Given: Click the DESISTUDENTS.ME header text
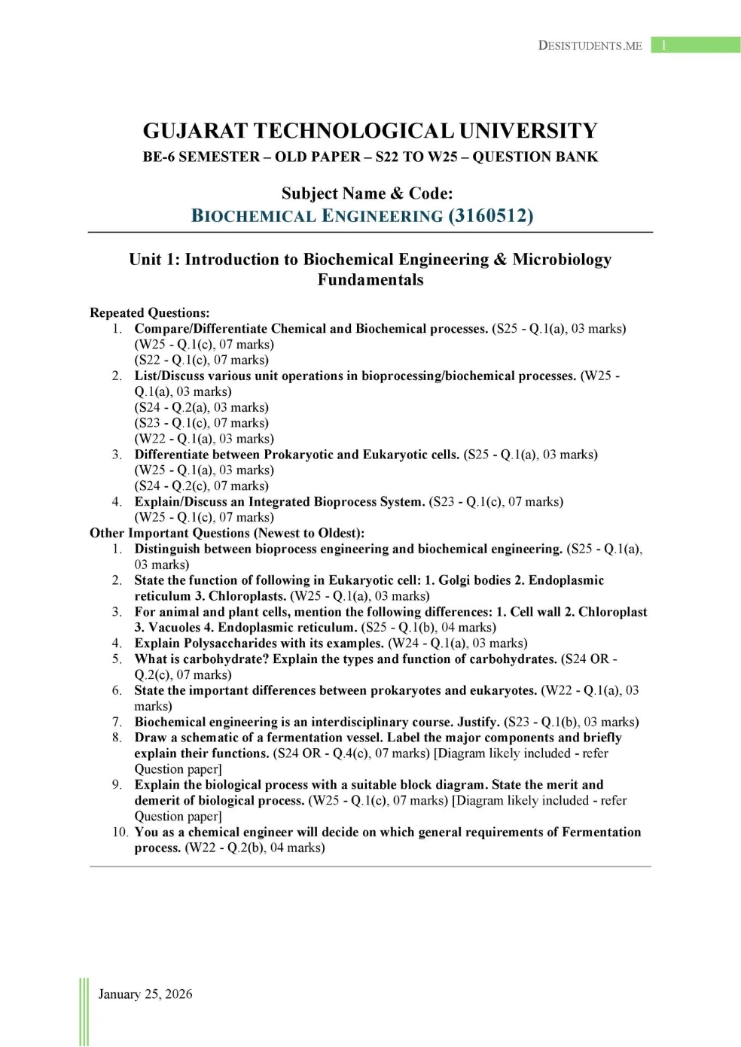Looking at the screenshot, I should pos(590,45).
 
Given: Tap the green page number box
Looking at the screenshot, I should pos(695,45).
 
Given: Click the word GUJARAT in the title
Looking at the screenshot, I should pos(195,131).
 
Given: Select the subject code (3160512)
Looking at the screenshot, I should pos(490,216).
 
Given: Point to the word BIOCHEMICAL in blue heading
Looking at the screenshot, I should pos(254,216).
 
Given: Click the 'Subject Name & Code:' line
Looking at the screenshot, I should pos(367,193).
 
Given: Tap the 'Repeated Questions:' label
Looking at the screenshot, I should pos(150,312).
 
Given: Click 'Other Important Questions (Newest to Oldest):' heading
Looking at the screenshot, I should pos(227,533).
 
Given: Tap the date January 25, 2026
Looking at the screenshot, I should pos(145,994).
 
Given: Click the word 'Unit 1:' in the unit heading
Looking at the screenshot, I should pos(154,260).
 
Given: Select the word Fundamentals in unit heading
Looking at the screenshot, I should pos(370,280).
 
